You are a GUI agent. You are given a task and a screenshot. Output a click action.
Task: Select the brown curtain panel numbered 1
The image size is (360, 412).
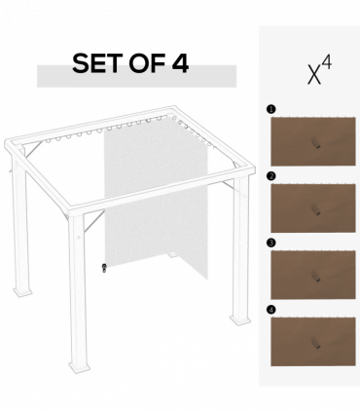[x=312, y=141]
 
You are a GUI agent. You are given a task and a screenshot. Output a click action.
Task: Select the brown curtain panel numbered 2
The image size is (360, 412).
[x=312, y=207]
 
